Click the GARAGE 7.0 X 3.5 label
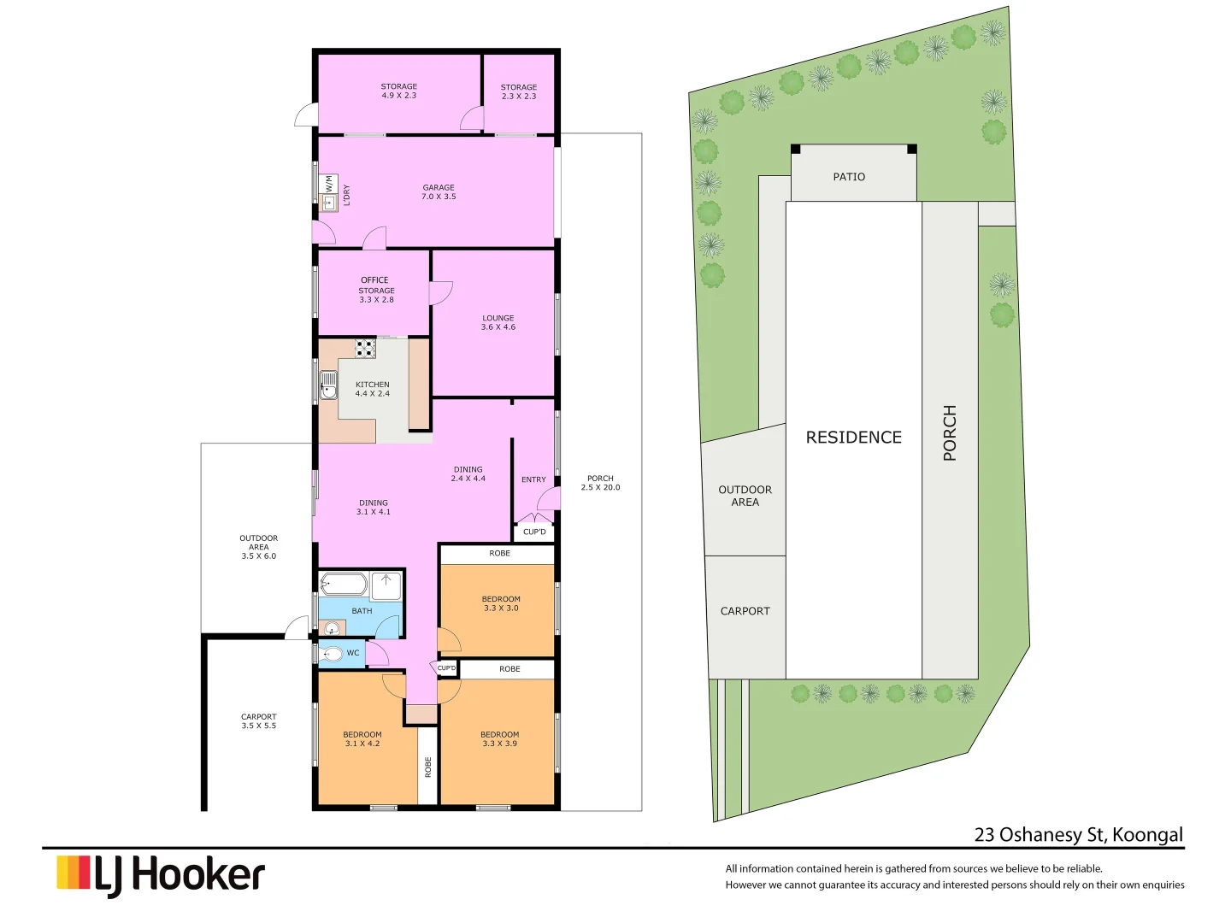tap(439, 192)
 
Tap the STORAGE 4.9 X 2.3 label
tap(399, 91)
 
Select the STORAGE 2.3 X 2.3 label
tap(519, 92)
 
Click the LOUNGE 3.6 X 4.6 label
tap(498, 322)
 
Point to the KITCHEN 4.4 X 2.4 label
tap(373, 389)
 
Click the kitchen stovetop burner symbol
tap(366, 348)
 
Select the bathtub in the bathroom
tap(344, 585)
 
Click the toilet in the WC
tap(332, 654)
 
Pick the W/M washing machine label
tap(328, 184)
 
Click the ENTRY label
tap(533, 479)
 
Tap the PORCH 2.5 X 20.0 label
tap(600, 483)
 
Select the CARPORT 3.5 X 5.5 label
tap(258, 721)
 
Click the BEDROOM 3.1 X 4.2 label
tap(362, 739)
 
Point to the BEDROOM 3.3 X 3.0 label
tap(501, 603)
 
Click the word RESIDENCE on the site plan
tap(853, 438)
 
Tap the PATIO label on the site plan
tap(849, 177)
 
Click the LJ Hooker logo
tap(161, 875)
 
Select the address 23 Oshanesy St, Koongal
tap(1079, 835)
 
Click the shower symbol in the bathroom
tap(386, 585)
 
